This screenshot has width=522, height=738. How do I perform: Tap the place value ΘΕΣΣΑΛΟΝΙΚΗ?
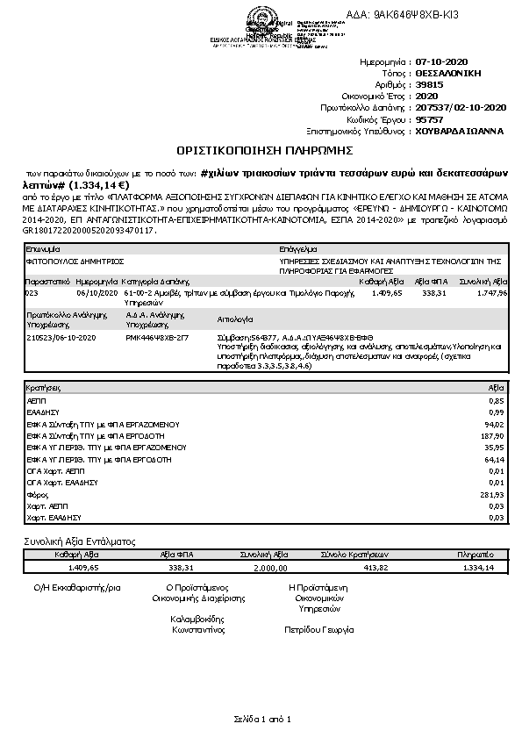pos(449,75)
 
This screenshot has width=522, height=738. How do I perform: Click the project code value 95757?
pos(427,118)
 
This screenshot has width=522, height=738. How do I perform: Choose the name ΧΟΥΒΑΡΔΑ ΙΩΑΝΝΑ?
pos(458,129)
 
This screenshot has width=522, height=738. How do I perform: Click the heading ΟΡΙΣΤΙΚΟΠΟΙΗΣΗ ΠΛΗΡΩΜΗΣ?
pos(261,151)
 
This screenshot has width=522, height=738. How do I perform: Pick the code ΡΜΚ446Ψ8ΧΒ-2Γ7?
pos(156,336)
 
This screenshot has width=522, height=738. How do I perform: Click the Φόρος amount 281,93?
pos(495,495)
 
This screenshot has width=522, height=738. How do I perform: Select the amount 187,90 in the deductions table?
pos(495,434)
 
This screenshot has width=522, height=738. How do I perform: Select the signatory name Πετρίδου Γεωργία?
pos(318,629)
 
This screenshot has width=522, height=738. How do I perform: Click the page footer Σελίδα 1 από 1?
pos(261,719)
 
